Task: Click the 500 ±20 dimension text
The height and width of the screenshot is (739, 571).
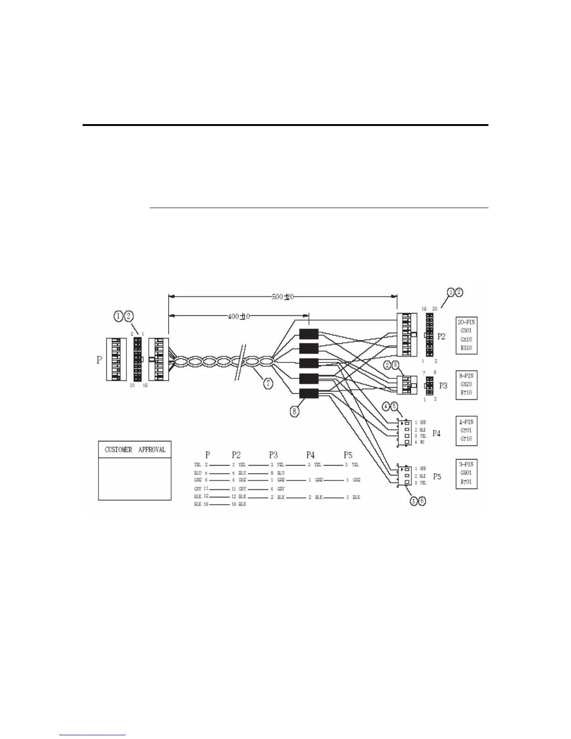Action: [283, 296]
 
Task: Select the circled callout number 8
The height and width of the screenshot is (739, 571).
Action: [295, 411]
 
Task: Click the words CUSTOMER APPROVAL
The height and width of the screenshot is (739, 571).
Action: [135, 450]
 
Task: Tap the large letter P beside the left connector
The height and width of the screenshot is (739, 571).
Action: [99, 360]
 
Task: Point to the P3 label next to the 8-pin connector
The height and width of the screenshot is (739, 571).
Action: [443, 386]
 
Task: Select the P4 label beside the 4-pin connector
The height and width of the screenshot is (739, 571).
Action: [436, 433]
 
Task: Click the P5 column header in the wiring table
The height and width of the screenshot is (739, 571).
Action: [348, 455]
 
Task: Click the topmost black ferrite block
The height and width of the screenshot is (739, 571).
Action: [308, 334]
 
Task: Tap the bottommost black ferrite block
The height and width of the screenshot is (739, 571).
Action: [308, 394]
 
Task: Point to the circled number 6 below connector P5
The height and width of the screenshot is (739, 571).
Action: [422, 501]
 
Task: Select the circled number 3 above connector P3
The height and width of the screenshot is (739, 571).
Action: [395, 365]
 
